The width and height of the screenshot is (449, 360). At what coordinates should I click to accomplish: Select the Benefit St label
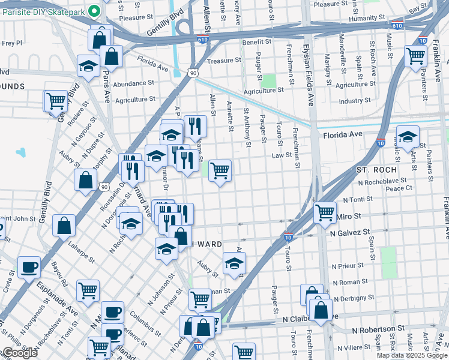point(257,43)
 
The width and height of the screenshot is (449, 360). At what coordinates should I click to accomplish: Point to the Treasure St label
point(223,61)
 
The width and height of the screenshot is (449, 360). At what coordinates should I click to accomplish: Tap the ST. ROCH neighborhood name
point(377,170)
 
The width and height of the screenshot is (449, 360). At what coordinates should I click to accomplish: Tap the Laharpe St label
point(82,252)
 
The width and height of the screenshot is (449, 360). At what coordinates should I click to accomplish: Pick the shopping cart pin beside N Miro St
point(325,211)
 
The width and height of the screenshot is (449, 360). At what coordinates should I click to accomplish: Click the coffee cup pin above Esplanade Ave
point(28,266)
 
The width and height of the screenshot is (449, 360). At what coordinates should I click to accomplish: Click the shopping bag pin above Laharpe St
point(64,226)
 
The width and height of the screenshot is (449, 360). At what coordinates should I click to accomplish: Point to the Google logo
point(20,353)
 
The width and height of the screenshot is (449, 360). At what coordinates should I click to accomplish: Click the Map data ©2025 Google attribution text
point(412,355)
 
